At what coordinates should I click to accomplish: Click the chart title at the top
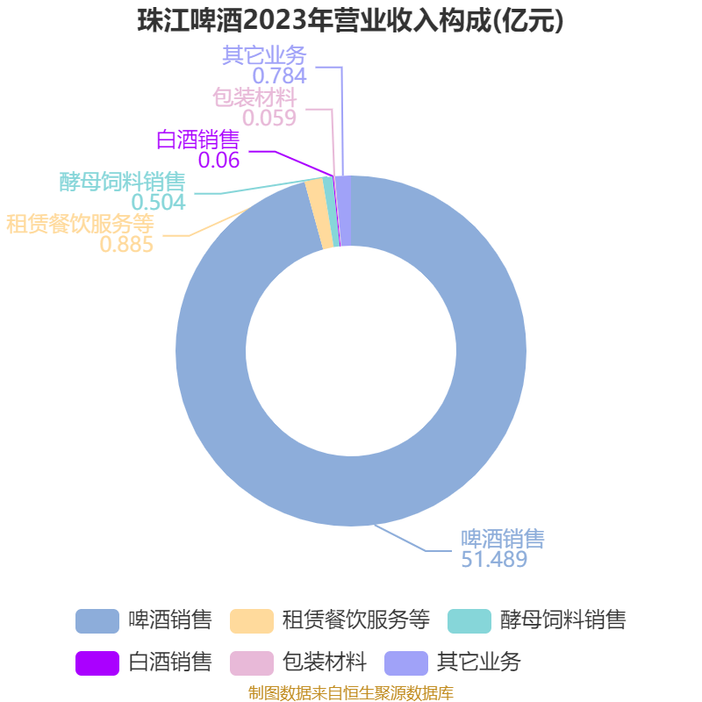(x=350, y=21)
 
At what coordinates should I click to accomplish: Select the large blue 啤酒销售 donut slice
(x=351, y=491)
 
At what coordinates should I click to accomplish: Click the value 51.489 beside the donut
(x=494, y=559)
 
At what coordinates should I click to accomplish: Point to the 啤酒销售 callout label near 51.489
(x=503, y=538)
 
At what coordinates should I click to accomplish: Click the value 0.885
(x=126, y=245)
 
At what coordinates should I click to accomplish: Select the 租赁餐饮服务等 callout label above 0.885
(x=81, y=224)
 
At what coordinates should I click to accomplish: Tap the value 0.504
(x=158, y=202)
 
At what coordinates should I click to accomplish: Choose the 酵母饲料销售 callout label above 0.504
(x=122, y=182)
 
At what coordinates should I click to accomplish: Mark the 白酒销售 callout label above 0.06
(x=197, y=140)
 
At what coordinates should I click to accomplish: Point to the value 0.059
(x=269, y=117)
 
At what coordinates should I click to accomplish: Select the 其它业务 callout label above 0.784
(x=264, y=55)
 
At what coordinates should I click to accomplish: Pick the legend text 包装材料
(x=324, y=662)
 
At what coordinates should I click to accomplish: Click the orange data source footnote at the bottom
(x=350, y=693)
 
